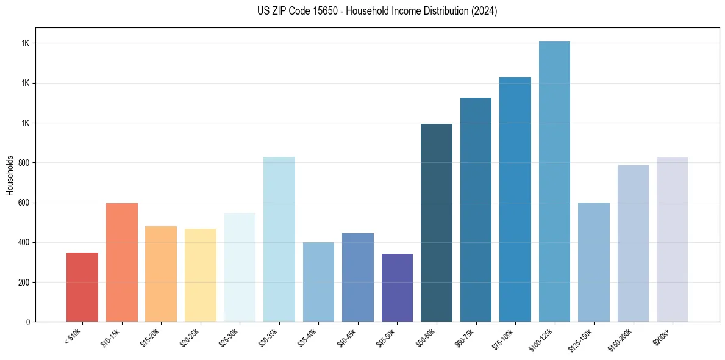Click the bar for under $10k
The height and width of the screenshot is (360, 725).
point(82,287)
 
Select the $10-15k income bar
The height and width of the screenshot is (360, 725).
point(121,262)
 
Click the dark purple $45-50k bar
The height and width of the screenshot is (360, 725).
point(397,287)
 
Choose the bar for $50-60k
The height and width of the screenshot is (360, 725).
point(436,223)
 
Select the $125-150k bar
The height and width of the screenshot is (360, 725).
point(593,262)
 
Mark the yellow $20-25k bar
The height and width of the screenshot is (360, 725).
point(200,275)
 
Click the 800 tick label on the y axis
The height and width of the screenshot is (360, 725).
point(24,163)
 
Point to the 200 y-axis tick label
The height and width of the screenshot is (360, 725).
point(24,283)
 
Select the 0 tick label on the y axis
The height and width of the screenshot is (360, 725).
point(28,322)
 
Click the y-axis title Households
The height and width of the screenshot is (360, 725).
point(10,175)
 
